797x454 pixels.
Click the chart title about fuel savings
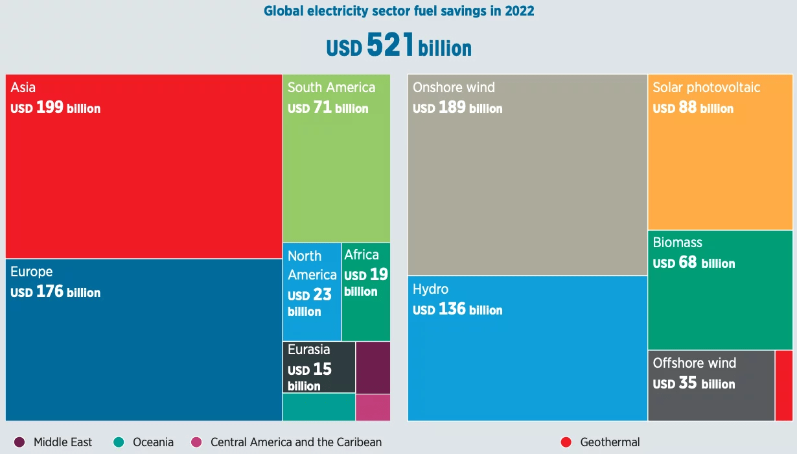click(398, 11)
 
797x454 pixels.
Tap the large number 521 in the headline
click(390, 45)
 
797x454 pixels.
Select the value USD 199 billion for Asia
click(56, 108)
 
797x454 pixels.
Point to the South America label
click(331, 88)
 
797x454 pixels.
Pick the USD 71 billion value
click(328, 108)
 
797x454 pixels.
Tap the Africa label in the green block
click(362, 254)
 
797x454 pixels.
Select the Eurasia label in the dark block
click(309, 350)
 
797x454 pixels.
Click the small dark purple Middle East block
click(373, 367)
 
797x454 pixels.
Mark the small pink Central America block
click(373, 407)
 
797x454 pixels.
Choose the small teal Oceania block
click(319, 407)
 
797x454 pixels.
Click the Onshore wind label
click(454, 88)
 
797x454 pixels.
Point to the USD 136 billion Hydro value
click(457, 309)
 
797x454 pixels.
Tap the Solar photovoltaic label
click(706, 88)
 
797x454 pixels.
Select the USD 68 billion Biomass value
click(694, 263)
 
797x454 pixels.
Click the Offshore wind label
click(695, 363)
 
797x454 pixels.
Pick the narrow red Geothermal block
click(783, 385)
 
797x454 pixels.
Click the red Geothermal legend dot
click(566, 442)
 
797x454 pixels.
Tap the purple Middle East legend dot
click(19, 442)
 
